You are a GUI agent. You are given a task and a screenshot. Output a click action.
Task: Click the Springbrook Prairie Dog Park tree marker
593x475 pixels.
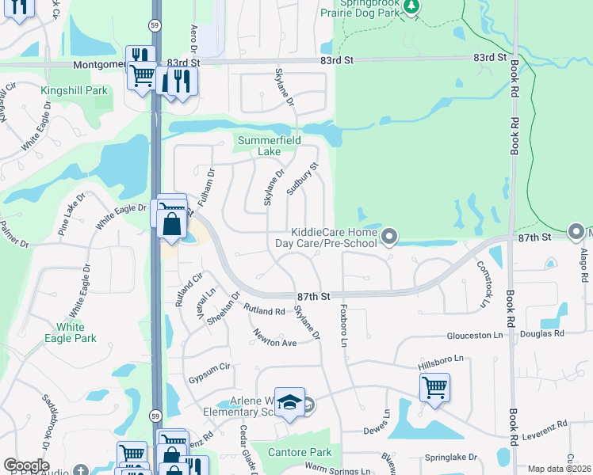pos(411,7)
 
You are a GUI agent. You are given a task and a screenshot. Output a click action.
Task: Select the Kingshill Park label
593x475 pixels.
pos(75,91)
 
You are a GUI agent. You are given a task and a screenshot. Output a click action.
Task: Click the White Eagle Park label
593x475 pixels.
pos(77,332)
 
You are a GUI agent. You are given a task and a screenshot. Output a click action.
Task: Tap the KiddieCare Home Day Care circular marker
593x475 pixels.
pos(389,236)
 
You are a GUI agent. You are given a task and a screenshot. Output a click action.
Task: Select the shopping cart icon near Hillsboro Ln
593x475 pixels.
pos(434,387)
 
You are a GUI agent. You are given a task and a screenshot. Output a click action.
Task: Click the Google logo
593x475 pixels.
pos(26,465)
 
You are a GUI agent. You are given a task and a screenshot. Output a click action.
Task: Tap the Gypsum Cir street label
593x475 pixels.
pos(209,367)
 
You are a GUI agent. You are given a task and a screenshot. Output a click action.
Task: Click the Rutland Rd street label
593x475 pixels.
pos(264,311)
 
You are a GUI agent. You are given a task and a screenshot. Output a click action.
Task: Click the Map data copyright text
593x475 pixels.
pos(559,469)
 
